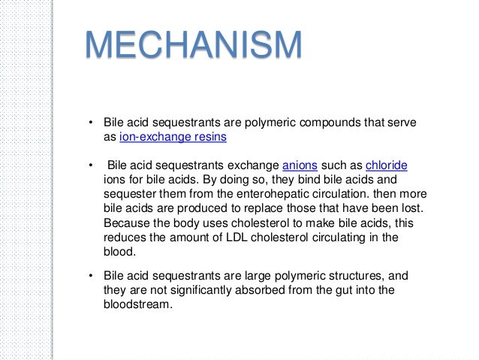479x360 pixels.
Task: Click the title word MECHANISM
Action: [193, 47]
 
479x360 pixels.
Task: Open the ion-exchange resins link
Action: [173, 138]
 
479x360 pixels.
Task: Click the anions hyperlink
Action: [300, 165]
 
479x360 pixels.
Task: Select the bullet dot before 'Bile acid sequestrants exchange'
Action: [89, 166]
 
